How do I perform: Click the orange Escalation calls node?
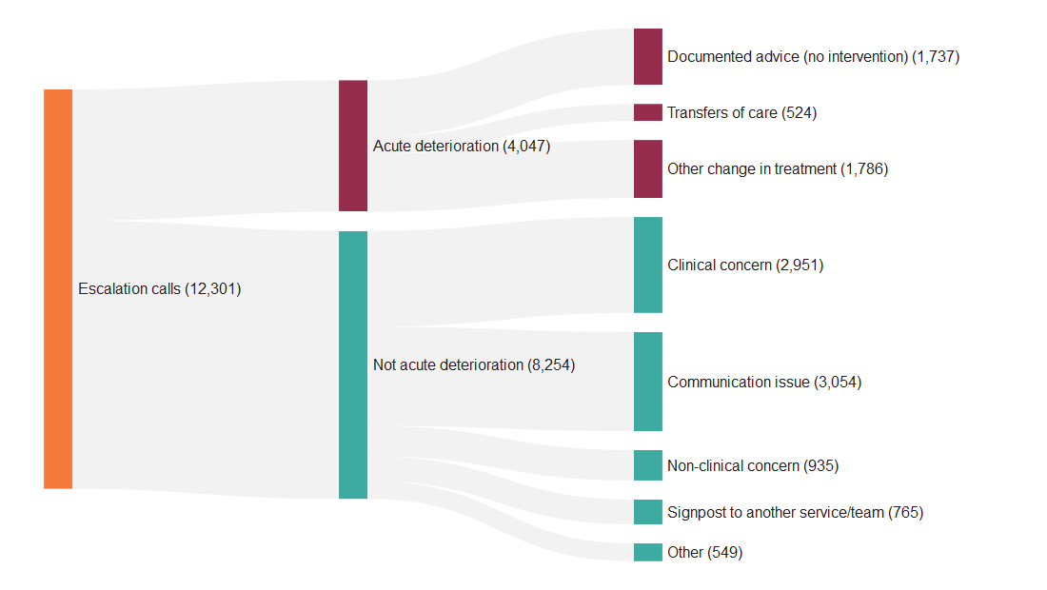58,288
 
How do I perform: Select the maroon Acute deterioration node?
353,146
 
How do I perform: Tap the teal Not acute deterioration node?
353,364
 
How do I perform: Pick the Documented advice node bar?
648,56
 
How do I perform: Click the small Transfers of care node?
648,112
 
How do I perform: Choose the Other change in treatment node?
648,168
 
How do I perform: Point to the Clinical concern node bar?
648,265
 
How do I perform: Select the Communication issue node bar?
648,382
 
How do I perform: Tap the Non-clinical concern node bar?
648,465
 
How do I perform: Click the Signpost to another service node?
648,512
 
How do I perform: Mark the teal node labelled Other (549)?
648,552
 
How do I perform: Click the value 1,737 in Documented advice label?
936,57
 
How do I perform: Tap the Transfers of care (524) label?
741,113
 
